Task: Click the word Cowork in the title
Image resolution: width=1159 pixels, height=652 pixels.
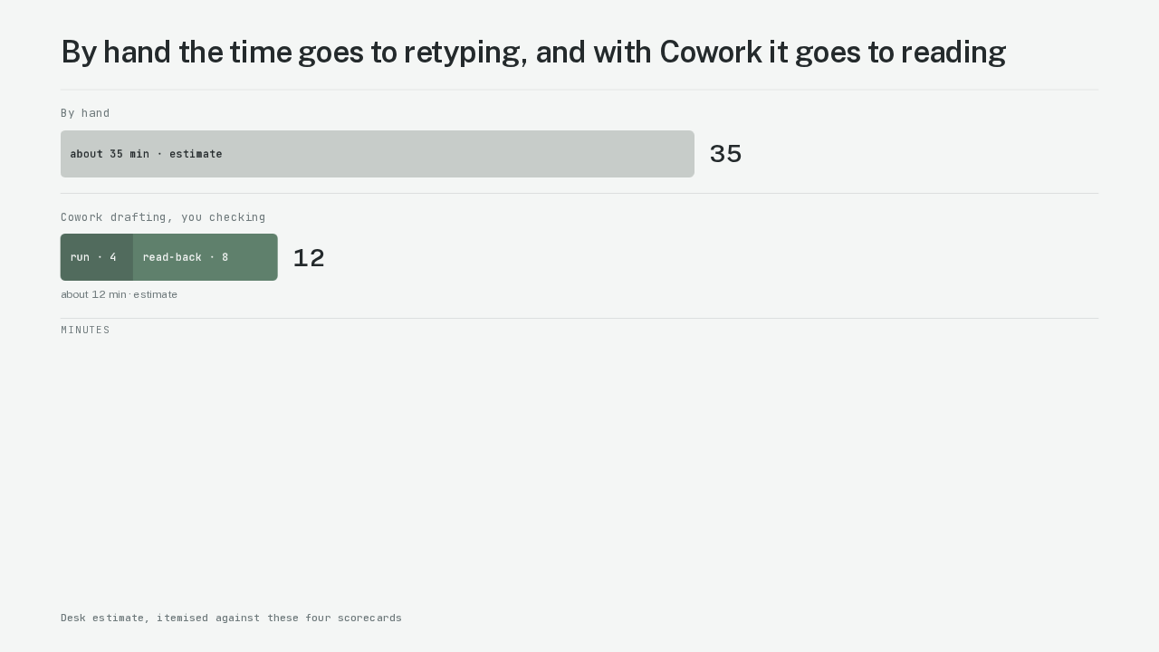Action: (711, 53)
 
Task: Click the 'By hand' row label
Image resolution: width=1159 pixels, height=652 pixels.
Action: (85, 113)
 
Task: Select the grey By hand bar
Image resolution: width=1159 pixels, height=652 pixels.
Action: (378, 154)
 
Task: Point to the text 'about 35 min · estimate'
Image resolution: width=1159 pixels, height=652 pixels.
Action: (146, 154)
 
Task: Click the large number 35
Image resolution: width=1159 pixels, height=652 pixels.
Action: (725, 154)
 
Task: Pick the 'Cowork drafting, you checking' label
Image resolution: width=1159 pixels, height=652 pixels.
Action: (163, 217)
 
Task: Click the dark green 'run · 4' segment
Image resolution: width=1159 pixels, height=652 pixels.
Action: (97, 257)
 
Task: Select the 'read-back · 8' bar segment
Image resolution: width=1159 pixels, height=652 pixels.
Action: (206, 257)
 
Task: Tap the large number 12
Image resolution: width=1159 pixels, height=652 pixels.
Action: (309, 258)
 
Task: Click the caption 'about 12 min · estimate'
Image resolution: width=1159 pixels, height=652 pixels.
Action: (119, 294)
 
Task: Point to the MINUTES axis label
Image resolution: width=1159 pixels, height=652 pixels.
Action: (85, 331)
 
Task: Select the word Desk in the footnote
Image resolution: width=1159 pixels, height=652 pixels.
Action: (73, 618)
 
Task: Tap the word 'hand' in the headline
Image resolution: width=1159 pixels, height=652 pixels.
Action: (137, 53)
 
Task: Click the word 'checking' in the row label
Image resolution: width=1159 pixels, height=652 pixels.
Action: (237, 217)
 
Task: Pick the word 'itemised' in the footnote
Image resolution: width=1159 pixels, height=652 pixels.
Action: (182, 618)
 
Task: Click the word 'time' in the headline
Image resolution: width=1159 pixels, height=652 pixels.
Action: (260, 53)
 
